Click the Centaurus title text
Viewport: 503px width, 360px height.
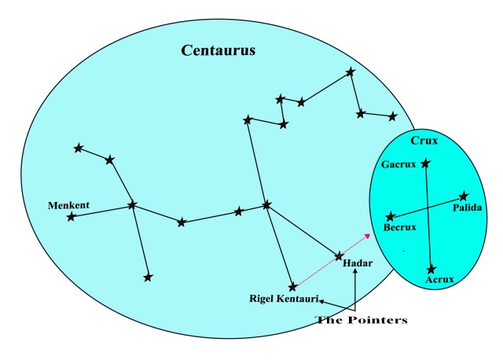coord(218,51)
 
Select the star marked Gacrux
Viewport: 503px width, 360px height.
coord(425,163)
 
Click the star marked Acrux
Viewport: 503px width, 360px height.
coord(431,269)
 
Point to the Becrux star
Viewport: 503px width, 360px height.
coord(390,216)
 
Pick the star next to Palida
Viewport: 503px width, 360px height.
coord(464,196)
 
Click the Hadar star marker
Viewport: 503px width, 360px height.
coord(339,255)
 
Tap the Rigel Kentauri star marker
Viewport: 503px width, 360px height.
coord(292,287)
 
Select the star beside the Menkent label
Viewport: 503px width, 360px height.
coord(71,216)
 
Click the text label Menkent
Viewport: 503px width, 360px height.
coord(68,205)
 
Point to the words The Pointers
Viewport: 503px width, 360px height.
coord(362,320)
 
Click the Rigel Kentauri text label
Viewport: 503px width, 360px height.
coord(284,299)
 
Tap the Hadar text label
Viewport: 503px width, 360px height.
coord(357,263)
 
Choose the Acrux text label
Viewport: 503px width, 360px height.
coord(439,279)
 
